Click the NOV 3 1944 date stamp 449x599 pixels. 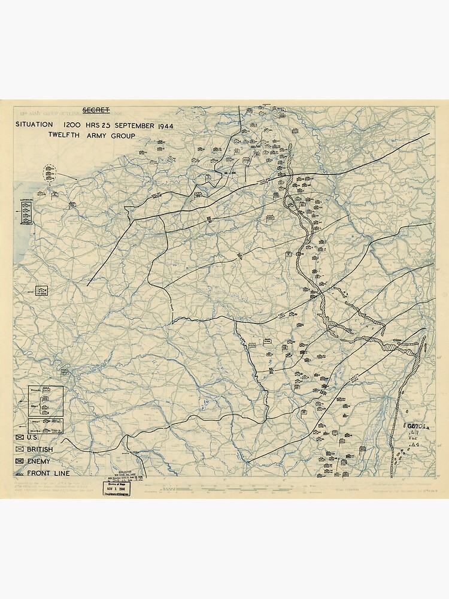(x=117, y=488)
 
